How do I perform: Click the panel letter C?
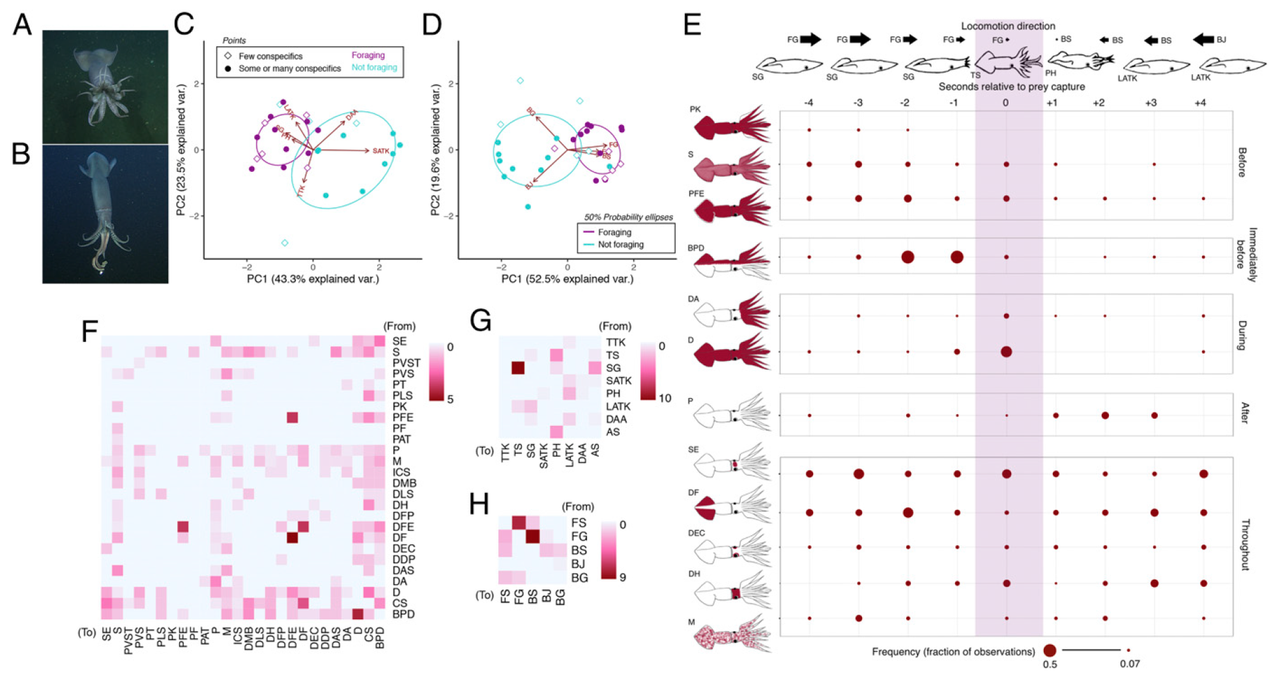click(x=184, y=24)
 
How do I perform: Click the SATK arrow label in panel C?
click(x=381, y=151)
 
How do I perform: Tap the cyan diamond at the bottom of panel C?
click(x=285, y=243)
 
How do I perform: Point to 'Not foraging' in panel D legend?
click(x=620, y=244)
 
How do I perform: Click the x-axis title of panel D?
click(x=567, y=279)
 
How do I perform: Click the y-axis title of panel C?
click(x=182, y=150)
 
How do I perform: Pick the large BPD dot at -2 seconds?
click(x=907, y=257)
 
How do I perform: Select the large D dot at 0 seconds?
click(x=1006, y=352)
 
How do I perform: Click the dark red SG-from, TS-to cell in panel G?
click(x=518, y=368)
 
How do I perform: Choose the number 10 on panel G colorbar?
click(x=665, y=398)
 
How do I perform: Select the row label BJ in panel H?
click(x=578, y=564)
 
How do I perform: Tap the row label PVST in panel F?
click(x=406, y=363)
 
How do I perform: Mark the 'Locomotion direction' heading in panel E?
click(x=1008, y=26)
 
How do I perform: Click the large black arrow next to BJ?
click(x=1203, y=40)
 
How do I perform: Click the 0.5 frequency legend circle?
click(x=1049, y=650)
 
